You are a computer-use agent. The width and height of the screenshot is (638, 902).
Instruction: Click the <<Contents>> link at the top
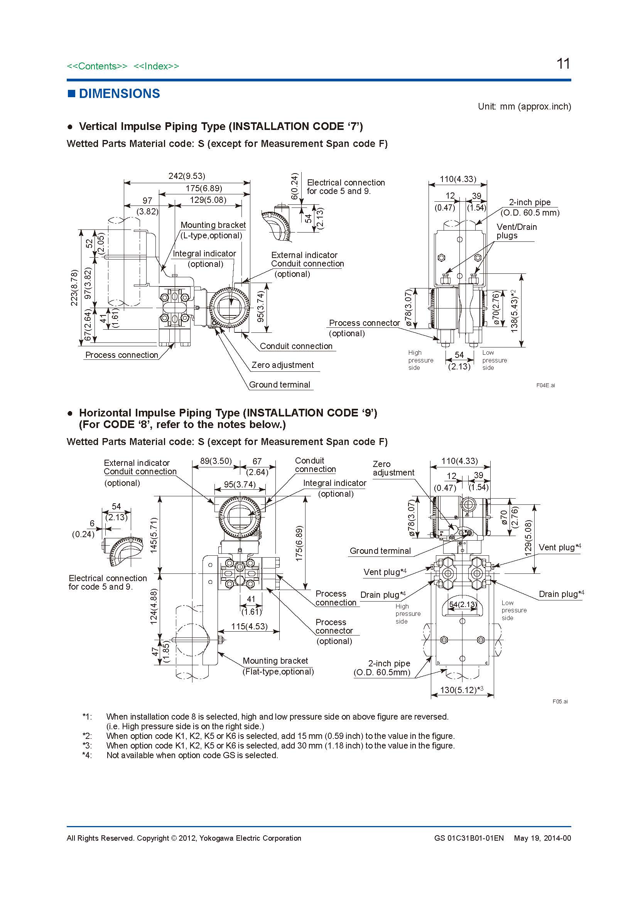(97, 66)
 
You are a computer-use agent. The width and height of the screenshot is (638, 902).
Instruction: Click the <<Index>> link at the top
(156, 66)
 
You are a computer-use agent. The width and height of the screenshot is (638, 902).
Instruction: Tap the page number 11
(563, 64)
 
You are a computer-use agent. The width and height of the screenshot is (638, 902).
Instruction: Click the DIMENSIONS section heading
(119, 93)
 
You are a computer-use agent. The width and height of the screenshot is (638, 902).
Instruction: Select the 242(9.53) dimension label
(187, 176)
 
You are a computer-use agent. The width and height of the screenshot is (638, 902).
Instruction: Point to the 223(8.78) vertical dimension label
(74, 288)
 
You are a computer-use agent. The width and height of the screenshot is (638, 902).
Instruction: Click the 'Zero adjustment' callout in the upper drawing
(282, 365)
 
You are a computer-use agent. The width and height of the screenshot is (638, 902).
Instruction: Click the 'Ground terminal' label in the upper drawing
(279, 384)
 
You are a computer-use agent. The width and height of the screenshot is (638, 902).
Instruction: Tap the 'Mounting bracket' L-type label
(213, 225)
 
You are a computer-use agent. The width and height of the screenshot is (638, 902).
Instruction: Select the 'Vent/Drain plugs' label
(516, 231)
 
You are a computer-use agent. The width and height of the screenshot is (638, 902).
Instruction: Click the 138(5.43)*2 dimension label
(514, 311)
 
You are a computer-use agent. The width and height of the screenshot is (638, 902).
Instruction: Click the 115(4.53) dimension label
(249, 626)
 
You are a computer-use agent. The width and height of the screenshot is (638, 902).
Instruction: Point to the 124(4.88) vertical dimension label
(154, 606)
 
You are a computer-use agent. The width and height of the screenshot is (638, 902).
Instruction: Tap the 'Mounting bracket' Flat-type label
(275, 661)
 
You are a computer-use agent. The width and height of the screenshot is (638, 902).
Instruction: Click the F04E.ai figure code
(545, 385)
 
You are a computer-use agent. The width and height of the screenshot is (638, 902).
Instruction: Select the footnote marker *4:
(87, 755)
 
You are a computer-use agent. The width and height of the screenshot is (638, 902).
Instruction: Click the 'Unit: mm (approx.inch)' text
(524, 106)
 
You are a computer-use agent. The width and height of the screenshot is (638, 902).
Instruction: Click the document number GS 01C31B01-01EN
(469, 838)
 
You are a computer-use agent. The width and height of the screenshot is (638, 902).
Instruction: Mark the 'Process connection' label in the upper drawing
(122, 355)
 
